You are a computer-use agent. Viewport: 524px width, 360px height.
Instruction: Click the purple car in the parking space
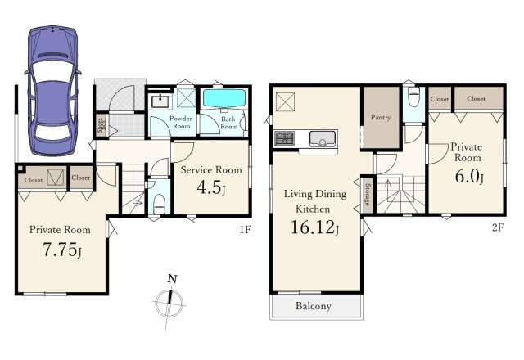52,91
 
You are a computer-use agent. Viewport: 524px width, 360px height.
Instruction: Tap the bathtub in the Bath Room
224,98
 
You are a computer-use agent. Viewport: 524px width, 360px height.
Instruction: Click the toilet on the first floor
159,203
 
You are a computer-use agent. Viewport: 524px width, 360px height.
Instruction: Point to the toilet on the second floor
413,97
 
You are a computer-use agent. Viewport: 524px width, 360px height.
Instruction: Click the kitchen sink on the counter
323,138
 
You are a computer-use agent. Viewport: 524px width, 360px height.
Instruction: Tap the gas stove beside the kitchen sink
284,138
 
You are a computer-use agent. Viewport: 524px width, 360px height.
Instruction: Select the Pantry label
381,118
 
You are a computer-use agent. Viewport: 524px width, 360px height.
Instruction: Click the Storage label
368,194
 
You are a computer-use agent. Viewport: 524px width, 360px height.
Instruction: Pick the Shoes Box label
101,126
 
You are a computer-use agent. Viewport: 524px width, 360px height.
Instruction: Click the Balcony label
314,306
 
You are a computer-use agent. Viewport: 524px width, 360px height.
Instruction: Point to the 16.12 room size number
313,227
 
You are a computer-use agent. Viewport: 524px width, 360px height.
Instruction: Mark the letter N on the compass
172,278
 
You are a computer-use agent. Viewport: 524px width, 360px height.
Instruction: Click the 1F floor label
245,229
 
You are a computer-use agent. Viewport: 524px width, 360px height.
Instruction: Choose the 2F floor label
497,227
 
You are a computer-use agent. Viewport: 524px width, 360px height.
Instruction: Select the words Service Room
211,170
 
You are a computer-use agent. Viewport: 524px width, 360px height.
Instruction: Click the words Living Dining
315,194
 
